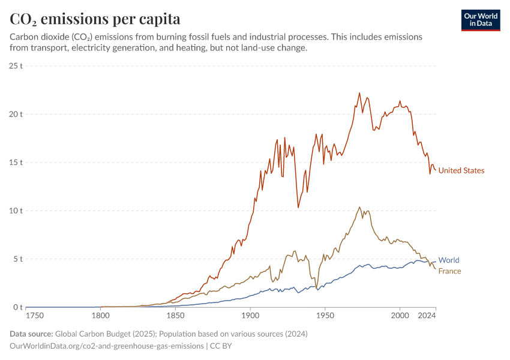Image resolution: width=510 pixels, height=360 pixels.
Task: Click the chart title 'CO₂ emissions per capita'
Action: coord(95,19)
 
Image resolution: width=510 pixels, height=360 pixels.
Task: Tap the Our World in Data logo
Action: coord(481,20)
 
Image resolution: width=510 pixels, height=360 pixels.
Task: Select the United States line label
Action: coord(461,170)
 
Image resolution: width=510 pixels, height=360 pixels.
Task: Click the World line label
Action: coord(449,260)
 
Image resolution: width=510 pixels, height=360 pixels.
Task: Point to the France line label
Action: coord(449,271)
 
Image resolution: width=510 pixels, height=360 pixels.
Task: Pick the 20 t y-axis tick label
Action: coord(16,114)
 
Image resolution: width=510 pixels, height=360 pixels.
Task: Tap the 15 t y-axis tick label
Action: coord(16,163)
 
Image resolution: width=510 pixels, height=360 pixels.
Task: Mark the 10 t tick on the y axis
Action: coord(16,211)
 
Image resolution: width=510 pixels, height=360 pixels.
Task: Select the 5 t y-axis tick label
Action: coord(18,259)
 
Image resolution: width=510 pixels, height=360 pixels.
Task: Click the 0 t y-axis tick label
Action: coord(18,308)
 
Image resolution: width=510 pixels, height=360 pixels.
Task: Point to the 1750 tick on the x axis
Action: coord(35,315)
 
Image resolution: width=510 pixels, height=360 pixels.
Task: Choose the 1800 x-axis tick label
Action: coord(101,315)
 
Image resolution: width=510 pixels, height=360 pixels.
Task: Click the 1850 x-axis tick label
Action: coord(175,315)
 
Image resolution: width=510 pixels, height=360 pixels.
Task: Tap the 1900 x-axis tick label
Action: coord(250,315)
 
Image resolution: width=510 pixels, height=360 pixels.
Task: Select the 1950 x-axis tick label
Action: coord(325,315)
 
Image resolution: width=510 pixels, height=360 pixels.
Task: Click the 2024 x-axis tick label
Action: coord(427,315)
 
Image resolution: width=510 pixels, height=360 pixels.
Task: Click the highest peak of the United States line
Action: coord(359,93)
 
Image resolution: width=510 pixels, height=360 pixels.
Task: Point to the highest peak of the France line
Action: coord(359,207)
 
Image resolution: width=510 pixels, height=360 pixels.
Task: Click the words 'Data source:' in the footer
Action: coord(31,334)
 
